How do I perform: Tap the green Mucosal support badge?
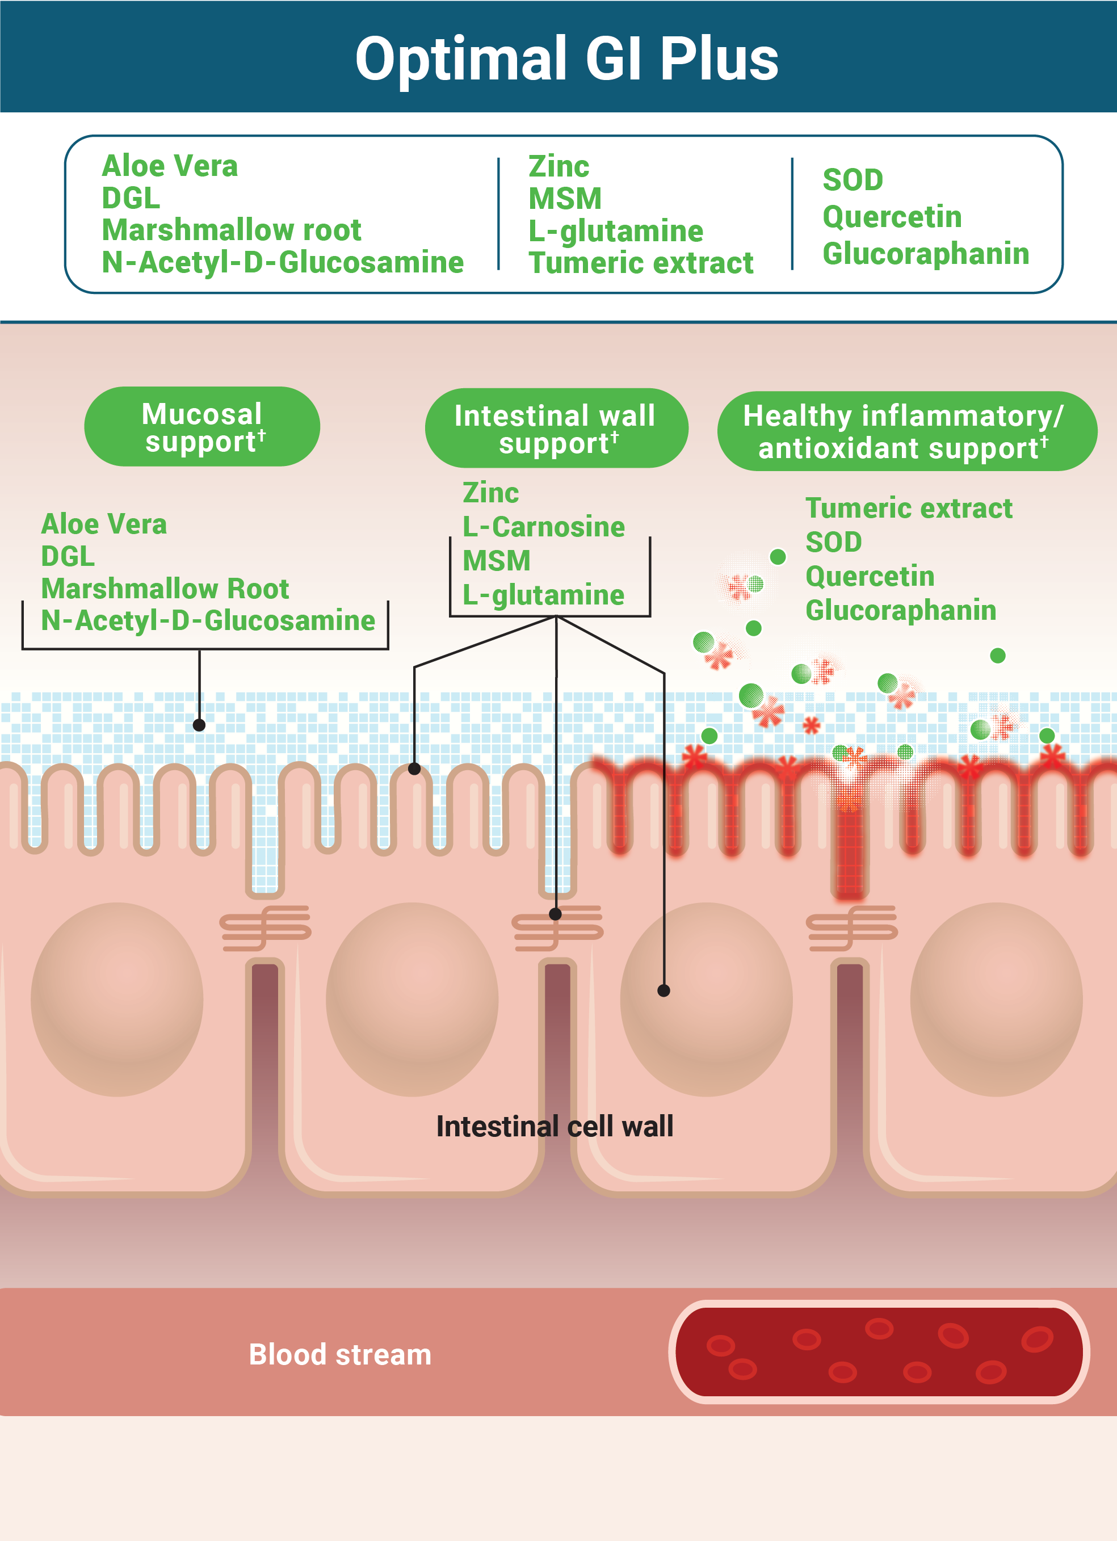[202, 427]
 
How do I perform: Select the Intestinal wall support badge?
[556, 428]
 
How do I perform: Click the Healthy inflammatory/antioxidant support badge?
[906, 431]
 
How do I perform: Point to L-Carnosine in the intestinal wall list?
[544, 527]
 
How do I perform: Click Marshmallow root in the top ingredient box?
[231, 230]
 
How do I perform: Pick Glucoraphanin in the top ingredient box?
[925, 254]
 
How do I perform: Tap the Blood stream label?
[340, 1354]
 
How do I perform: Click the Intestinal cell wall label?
[555, 1127]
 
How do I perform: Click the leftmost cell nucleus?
[117, 999]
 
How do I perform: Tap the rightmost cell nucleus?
[996, 999]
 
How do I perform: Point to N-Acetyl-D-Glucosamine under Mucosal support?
[208, 620]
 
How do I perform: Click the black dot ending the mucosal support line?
[199, 725]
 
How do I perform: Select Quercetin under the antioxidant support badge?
[870, 576]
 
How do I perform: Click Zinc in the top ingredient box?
[558, 166]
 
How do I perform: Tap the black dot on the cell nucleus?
[664, 990]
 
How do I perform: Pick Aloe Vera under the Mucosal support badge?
[104, 524]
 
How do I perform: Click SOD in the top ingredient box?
[853, 180]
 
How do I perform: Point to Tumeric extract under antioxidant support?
[908, 508]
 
